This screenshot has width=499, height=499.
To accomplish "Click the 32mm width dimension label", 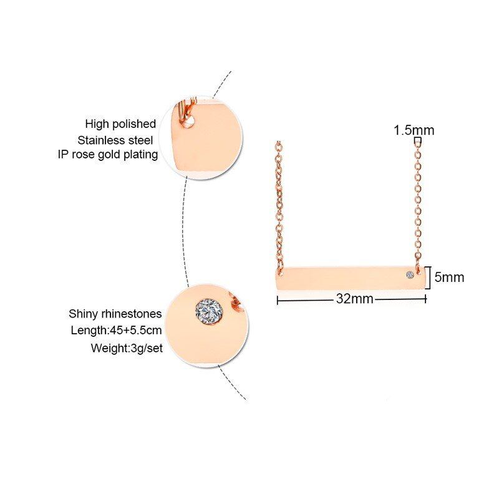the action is point(354,299).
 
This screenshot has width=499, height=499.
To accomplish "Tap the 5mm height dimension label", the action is point(449,278).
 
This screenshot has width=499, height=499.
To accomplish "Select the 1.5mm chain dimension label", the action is point(414,130).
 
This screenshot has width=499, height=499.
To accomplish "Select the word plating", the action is point(141,155).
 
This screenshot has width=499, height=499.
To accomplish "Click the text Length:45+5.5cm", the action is point(116,331).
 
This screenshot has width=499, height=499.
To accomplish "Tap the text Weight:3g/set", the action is point(127,348).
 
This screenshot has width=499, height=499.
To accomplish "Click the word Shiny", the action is point(84,314).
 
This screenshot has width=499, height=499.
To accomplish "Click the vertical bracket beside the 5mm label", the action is point(430,278).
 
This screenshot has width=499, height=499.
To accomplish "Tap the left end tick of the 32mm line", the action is point(278,300).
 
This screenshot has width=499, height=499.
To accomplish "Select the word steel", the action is point(140,140).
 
